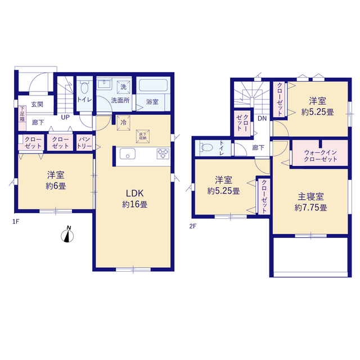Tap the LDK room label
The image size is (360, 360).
[x=135, y=193]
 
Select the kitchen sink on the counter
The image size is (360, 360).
[x=128, y=154]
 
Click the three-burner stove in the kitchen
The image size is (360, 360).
[x=163, y=154]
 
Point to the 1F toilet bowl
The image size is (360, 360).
[x=84, y=88]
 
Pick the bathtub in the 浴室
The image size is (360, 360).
[x=153, y=85]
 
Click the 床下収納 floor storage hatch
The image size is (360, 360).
[x=143, y=136]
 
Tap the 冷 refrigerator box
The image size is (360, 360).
[x=124, y=123]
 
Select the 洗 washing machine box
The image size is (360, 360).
[x=124, y=87]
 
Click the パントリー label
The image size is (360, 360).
[x=84, y=142]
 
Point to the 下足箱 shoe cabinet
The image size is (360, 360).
[x=22, y=118]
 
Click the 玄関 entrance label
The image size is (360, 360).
[x=37, y=104]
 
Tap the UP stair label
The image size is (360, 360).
[x=65, y=118]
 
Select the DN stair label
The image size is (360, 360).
[x=262, y=119]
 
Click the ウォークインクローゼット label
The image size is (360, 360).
[x=320, y=156]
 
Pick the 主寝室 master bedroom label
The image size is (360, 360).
[x=310, y=196]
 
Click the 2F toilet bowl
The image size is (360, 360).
[x=206, y=147]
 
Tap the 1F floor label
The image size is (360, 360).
[x=16, y=222]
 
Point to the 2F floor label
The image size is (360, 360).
[x=192, y=226]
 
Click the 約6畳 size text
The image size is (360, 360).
[x=56, y=186]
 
